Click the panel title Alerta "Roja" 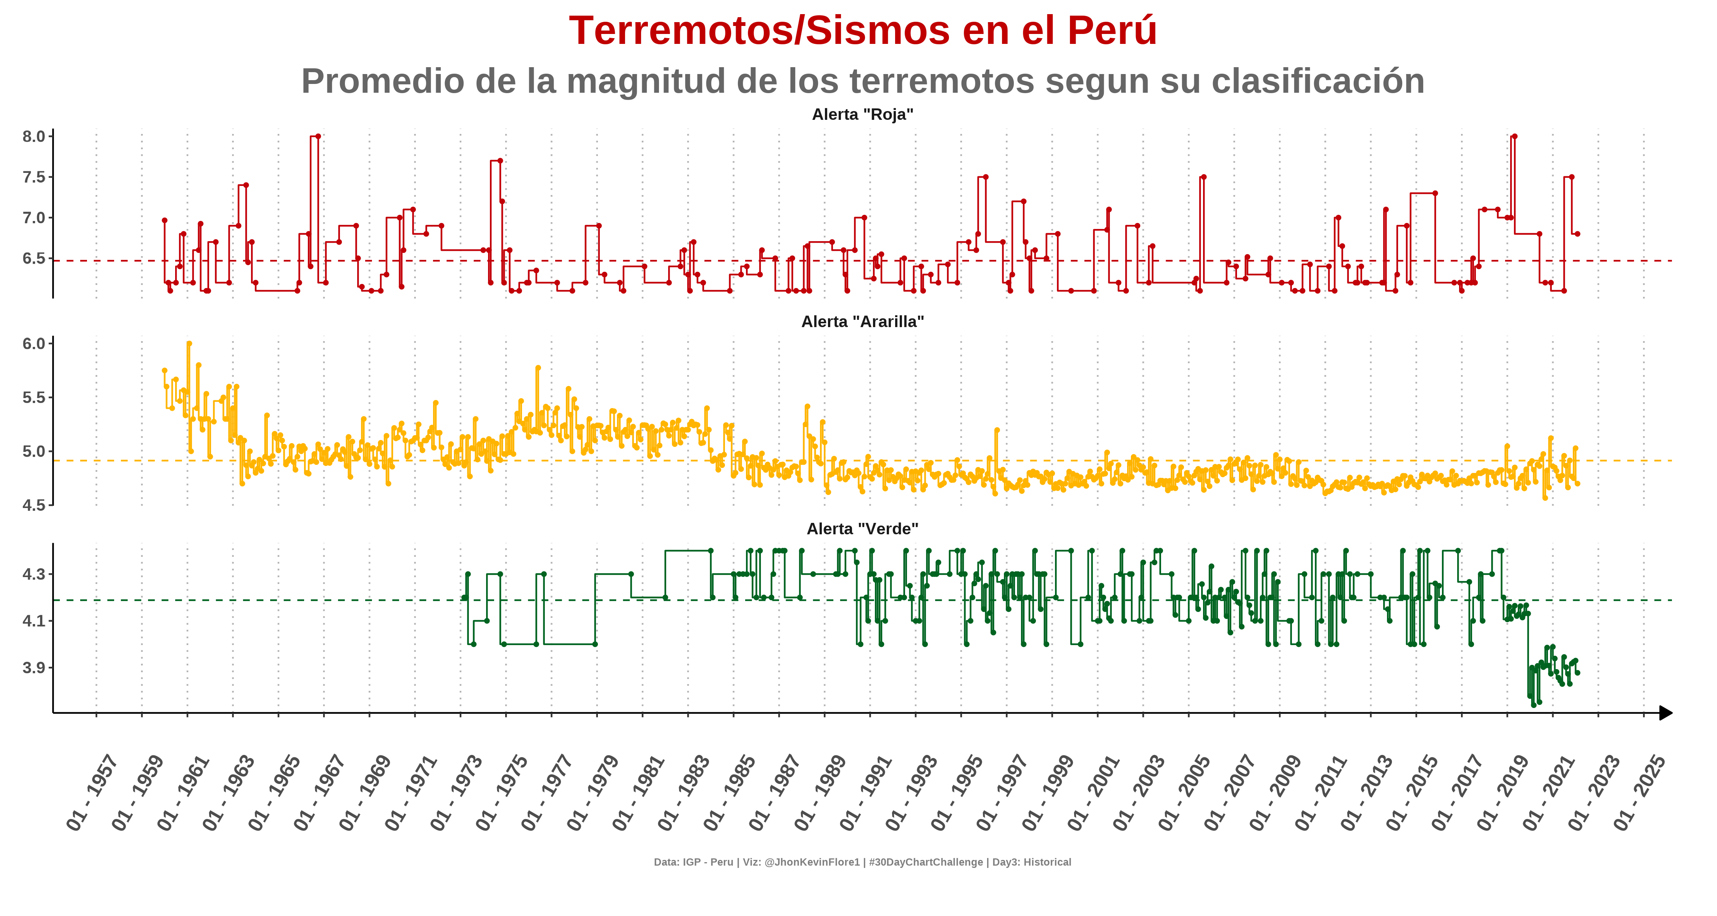point(862,114)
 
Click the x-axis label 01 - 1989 point(820,793)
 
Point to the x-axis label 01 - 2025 point(1639,793)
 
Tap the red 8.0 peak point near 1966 point(318,137)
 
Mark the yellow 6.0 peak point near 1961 point(189,344)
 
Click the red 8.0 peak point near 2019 point(1514,137)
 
